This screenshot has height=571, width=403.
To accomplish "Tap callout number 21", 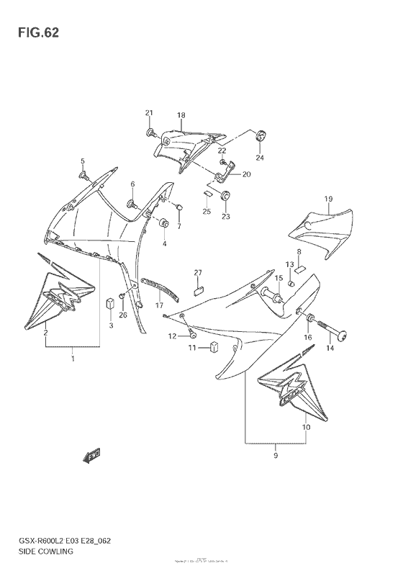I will pos(149,113).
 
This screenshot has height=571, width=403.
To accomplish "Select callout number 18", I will pos(181,115).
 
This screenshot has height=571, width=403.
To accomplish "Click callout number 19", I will pos(327,199).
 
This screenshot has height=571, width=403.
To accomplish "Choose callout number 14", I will pos(330,348).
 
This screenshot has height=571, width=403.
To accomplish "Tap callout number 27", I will pos(197,272).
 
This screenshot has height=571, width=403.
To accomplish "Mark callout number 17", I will pos(159,305).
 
